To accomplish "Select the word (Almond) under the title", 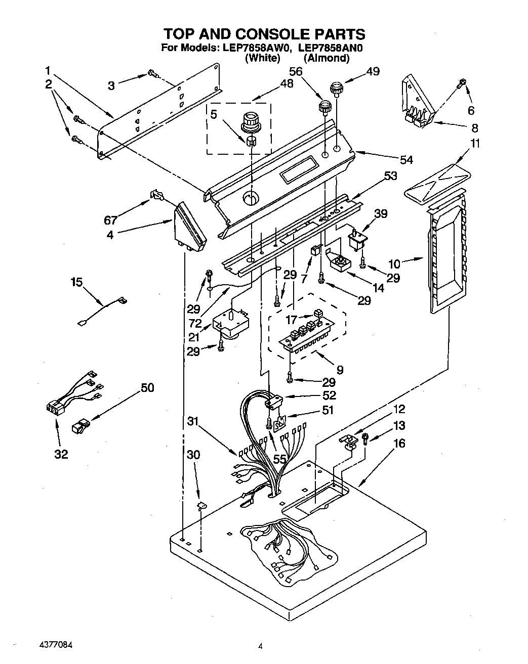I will coord(327,58).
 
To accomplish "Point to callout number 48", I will coord(287,84).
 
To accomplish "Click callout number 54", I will coord(406,160).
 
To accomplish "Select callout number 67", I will coord(111,220).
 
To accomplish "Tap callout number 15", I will coord(76,282).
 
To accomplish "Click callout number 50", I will coord(147,388).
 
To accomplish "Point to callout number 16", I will coord(399,444).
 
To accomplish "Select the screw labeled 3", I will coord(152,75).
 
